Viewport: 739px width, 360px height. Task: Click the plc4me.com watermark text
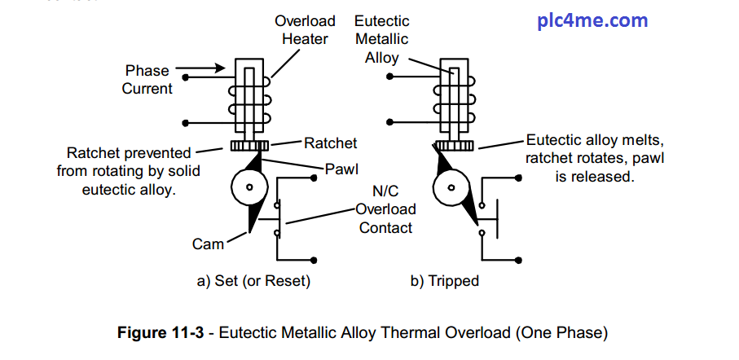[592, 20]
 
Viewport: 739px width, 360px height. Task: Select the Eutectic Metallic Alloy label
[382, 39]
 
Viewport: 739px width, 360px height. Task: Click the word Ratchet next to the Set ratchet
[331, 143]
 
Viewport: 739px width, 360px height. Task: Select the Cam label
[209, 244]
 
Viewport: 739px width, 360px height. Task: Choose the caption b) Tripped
[444, 282]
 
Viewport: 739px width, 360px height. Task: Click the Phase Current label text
[147, 80]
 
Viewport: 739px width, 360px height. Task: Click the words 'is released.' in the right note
[595, 175]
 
